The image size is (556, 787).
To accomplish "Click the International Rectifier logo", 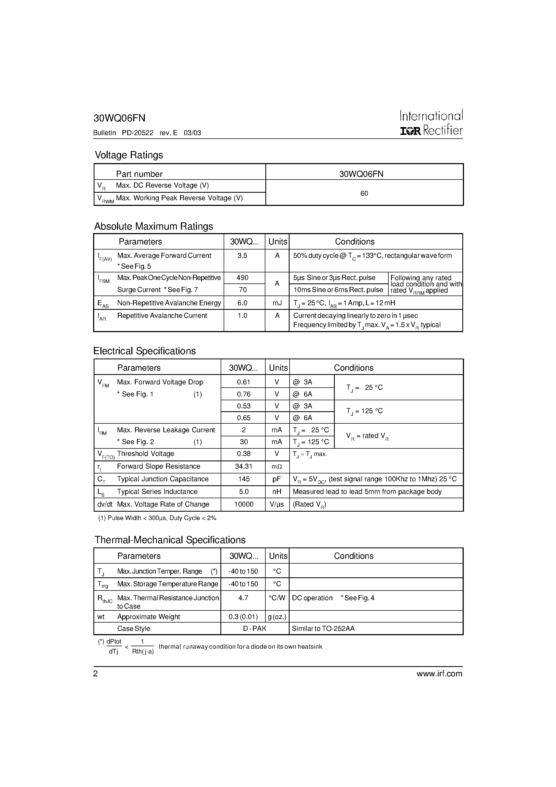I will tap(431, 123).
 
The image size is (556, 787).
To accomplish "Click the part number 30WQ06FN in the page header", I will tap(119, 118).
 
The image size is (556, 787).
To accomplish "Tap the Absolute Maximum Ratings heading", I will tap(154, 226).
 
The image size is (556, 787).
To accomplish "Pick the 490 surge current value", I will tap(243, 278).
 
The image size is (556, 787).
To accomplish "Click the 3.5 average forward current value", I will tap(242, 256).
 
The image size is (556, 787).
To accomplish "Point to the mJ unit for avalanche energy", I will tap(277, 303).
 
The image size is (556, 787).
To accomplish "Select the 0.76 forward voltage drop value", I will tap(243, 394).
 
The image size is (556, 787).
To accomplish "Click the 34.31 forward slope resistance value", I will tap(243, 466).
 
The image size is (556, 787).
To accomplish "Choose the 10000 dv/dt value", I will tap(243, 504).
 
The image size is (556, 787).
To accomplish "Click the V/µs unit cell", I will tap(277, 504).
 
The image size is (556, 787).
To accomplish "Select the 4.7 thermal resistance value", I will tap(243, 598).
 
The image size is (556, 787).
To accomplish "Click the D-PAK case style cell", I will tap(255, 629).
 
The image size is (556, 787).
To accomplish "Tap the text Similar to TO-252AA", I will tap(323, 629).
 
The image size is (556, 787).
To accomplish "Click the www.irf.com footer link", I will tap(439, 674).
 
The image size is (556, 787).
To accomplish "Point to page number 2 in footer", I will tap(96, 674).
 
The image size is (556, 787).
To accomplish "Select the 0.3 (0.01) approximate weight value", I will tap(243, 617).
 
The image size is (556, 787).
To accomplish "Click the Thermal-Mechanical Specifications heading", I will tap(170, 540).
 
